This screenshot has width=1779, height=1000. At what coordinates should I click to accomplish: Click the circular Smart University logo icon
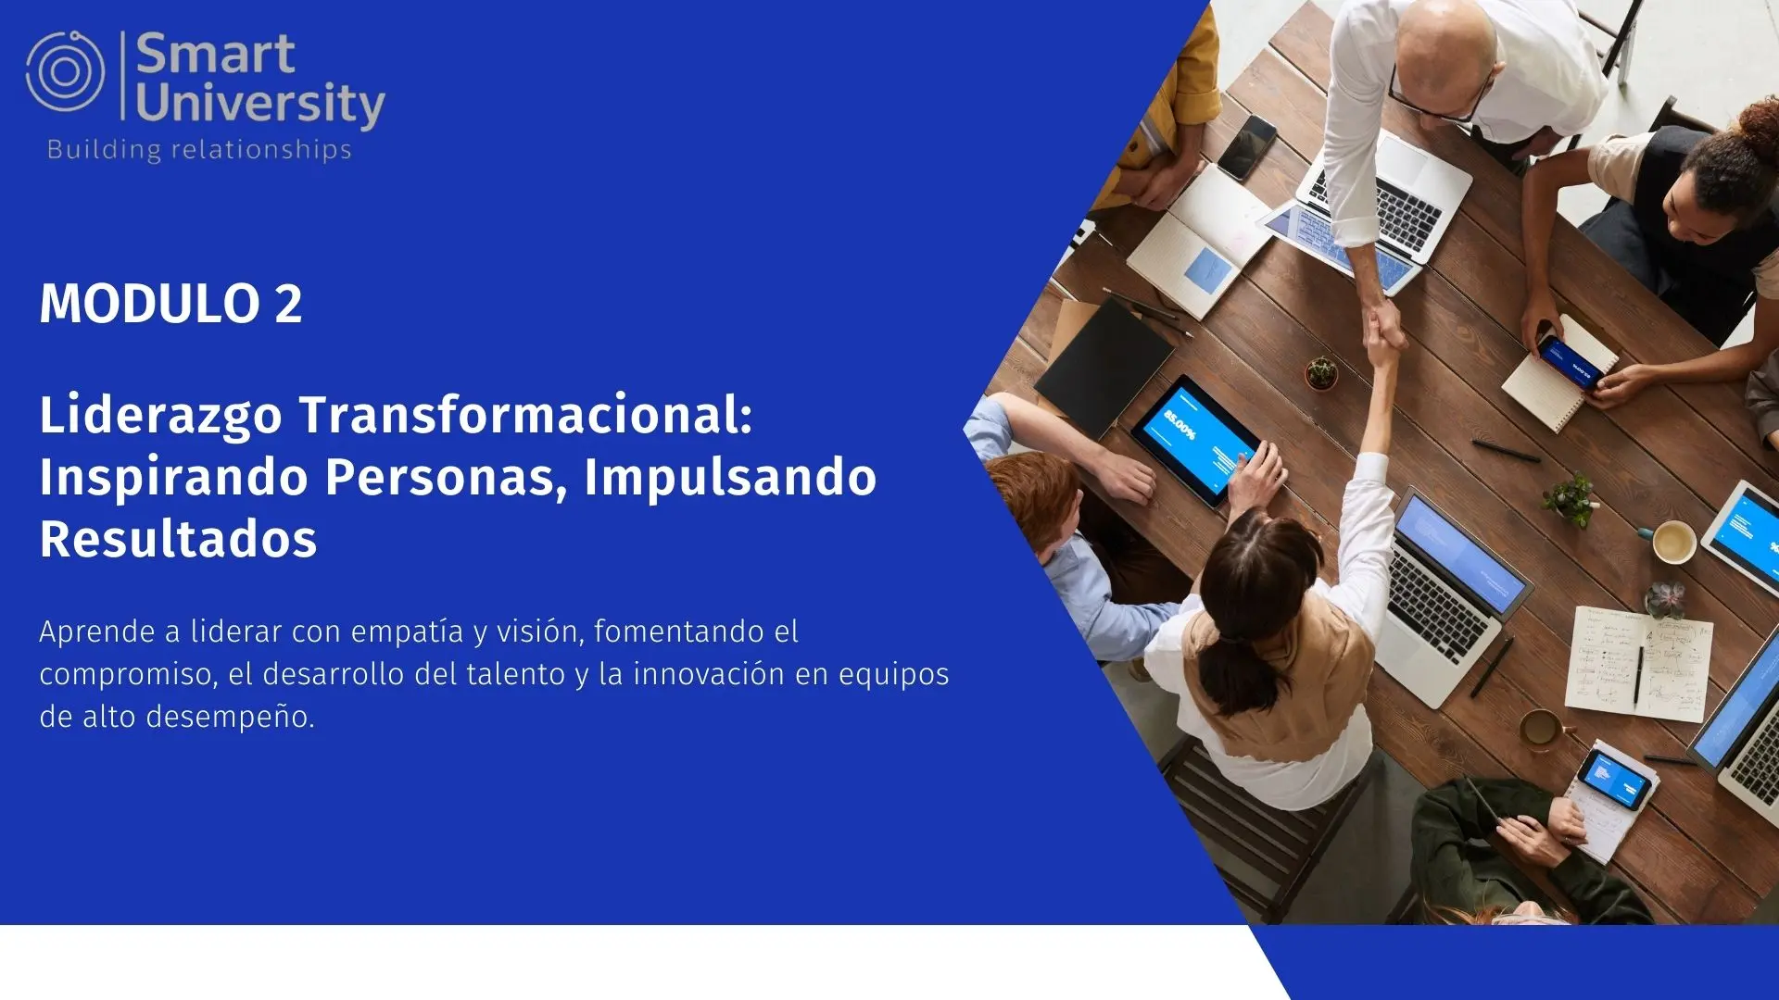click(65, 71)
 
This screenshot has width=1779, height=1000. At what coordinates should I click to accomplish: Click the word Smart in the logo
click(216, 54)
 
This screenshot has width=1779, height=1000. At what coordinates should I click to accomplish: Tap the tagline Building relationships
click(199, 150)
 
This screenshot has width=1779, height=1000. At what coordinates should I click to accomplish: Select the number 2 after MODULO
click(288, 304)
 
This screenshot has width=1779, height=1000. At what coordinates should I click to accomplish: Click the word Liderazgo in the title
click(160, 416)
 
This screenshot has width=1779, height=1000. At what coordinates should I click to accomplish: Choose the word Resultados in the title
click(178, 539)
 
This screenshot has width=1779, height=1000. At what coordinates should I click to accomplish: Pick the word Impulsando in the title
click(730, 478)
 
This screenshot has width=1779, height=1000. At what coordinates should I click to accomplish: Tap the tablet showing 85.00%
click(1195, 441)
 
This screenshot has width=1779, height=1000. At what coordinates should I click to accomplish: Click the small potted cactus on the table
click(1322, 372)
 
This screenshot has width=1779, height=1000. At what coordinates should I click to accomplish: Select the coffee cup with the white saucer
click(1673, 542)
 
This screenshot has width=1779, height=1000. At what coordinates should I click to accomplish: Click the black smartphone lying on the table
click(1247, 147)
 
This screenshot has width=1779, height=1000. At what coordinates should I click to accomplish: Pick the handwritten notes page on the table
click(1638, 663)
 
